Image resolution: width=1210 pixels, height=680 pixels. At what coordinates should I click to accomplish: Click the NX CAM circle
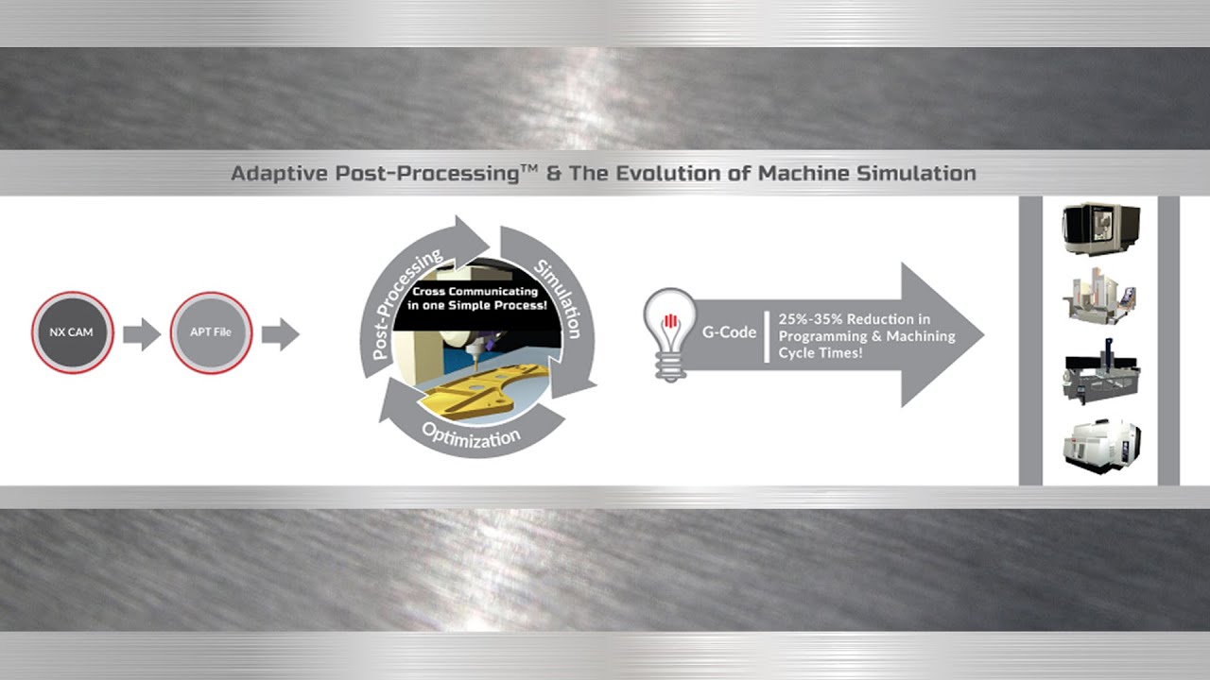point(73,332)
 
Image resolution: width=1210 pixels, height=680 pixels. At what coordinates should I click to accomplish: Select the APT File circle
point(211,332)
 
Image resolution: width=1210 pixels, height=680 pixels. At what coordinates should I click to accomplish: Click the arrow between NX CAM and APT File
point(142,333)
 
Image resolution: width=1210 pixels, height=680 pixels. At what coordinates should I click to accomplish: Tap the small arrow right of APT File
point(280,333)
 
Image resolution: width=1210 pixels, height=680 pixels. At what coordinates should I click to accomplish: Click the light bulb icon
point(668,333)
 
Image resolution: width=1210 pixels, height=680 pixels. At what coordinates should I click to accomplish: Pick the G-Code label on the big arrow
point(728,333)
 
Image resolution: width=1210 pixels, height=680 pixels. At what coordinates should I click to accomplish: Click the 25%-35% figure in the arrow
point(809,320)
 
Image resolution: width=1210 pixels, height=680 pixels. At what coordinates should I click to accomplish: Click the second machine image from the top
point(1100,297)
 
